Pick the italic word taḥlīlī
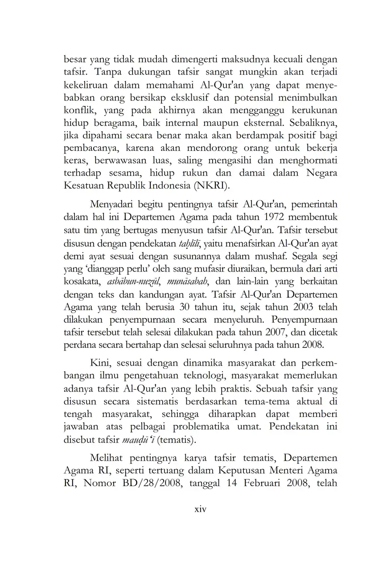[189, 243]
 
